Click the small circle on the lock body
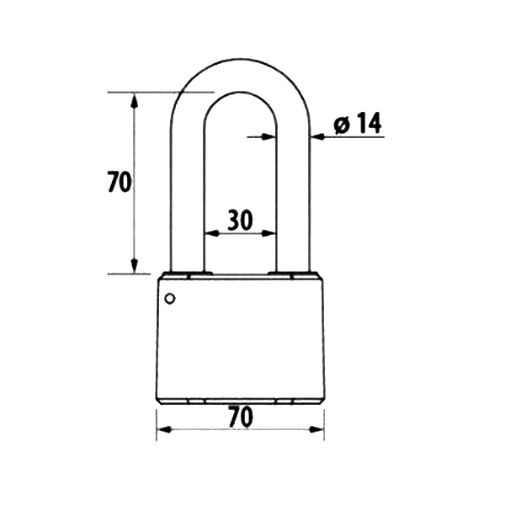(x=170, y=299)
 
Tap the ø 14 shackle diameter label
(x=358, y=123)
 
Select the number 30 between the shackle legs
(x=240, y=220)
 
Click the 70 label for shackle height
(x=120, y=182)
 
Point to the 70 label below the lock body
(x=241, y=417)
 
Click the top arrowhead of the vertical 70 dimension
(x=135, y=100)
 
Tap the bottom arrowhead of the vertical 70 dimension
(x=135, y=266)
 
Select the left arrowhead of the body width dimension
(x=164, y=429)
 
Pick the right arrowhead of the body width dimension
(x=316, y=429)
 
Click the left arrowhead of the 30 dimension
(x=211, y=233)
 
